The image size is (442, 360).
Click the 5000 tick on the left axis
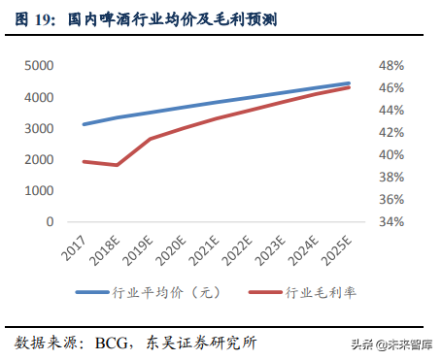tap(38, 66)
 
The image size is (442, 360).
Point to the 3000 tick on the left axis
tap(38, 129)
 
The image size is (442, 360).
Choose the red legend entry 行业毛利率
tap(311, 292)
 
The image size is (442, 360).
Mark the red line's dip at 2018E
tap(117, 165)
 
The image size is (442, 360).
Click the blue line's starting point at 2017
tap(84, 124)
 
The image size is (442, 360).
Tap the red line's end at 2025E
tap(349, 87)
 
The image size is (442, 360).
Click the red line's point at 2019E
tap(150, 139)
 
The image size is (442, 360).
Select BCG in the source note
tap(114, 343)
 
